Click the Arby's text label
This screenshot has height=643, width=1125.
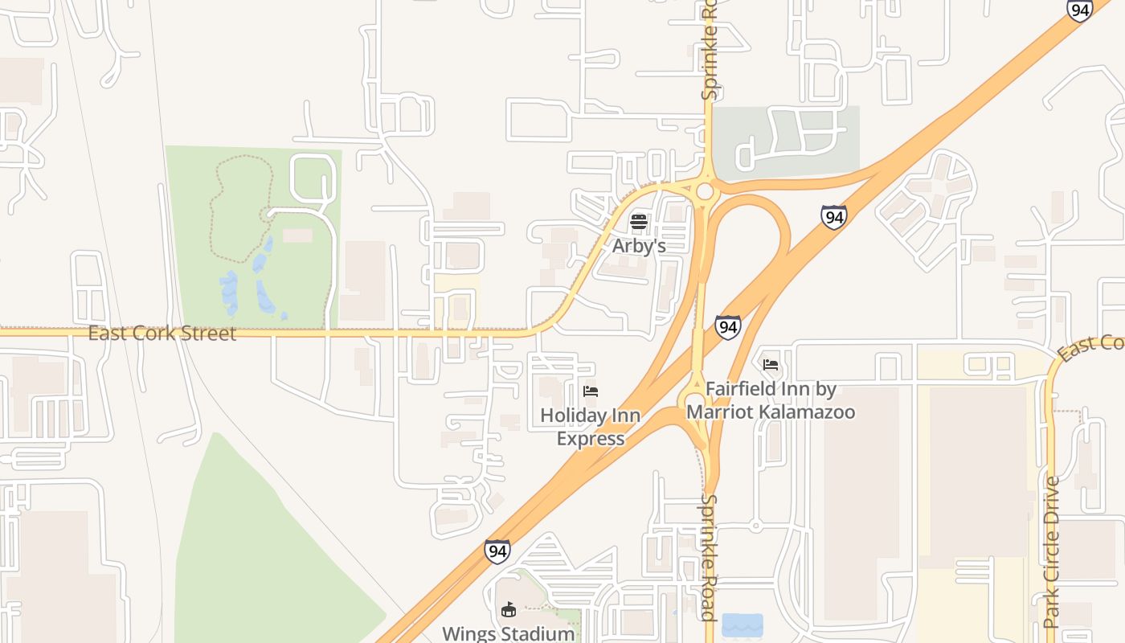(x=639, y=245)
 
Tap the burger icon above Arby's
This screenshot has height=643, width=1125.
(x=639, y=221)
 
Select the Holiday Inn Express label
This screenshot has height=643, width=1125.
(x=591, y=427)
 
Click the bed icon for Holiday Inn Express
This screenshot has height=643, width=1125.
(x=591, y=391)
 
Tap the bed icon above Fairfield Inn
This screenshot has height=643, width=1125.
(x=771, y=365)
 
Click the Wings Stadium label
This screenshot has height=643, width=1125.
(x=509, y=633)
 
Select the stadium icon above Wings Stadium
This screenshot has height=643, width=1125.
(x=508, y=610)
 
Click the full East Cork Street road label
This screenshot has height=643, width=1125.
(x=162, y=333)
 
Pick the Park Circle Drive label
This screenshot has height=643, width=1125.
(x=1052, y=552)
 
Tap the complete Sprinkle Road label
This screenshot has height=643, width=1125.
(x=708, y=557)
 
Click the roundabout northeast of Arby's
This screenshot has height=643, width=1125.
(x=706, y=191)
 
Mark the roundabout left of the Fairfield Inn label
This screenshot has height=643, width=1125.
(x=693, y=402)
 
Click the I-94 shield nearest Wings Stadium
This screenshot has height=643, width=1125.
(x=497, y=551)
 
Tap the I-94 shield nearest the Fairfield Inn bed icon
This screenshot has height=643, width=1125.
(x=727, y=326)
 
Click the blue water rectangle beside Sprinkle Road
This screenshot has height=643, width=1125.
(x=742, y=625)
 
